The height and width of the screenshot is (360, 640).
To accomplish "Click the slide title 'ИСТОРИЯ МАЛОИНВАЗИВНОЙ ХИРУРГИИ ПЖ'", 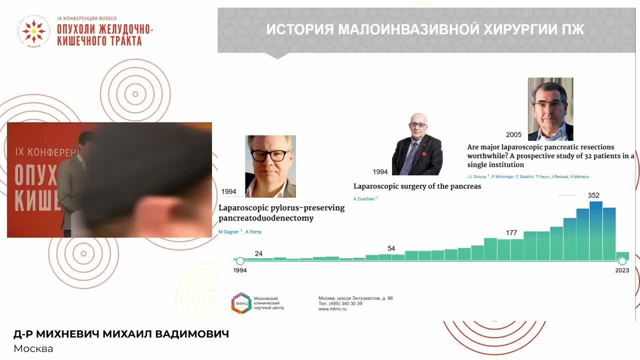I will pos(425,29).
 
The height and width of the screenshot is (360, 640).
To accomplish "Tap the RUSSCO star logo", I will pos(34,31).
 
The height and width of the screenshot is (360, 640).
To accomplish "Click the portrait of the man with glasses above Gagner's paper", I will pos(270,166).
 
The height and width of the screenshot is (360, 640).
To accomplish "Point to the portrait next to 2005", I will pos(550,109).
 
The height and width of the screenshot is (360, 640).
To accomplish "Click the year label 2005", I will pos(513,135).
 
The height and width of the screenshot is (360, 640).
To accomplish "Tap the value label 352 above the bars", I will pos(593,195).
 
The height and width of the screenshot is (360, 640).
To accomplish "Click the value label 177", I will pos(511,233).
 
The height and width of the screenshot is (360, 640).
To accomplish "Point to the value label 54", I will pos(391,248).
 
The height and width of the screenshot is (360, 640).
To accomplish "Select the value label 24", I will pos(258,253).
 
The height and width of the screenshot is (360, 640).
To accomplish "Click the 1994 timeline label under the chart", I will pos(240,270).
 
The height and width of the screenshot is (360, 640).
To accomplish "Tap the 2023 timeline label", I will pos(622,270).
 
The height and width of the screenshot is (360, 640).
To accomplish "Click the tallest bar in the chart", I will pos(595,231).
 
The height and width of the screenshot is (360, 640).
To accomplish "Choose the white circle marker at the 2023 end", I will pos(622,261).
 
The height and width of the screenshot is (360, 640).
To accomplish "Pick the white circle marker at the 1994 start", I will pos(240,261).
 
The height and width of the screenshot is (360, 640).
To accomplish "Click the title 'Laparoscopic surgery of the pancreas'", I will pos(417,186).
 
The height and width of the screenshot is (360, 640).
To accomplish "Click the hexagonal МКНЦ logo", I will pos(241,303).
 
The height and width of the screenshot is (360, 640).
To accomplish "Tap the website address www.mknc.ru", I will pos(332,309).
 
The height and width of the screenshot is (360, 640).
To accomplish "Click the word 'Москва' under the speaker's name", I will pos(33,348).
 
